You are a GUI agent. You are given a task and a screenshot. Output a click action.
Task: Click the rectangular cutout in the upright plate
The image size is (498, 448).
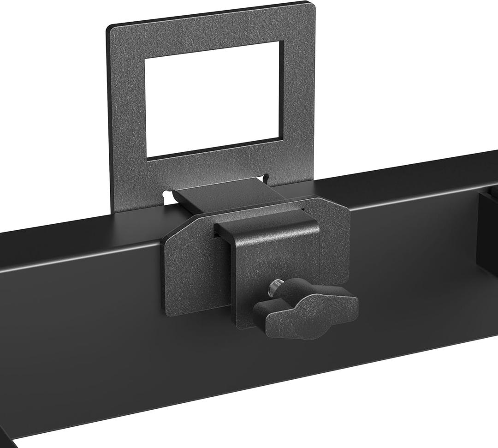pos(213,100)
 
